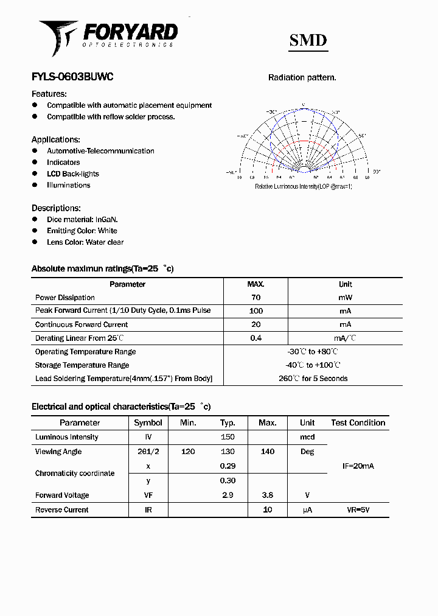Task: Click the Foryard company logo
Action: [x=108, y=37]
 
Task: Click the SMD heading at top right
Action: [x=308, y=41]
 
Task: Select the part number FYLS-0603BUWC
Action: [x=72, y=77]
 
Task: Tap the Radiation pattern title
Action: [x=302, y=78]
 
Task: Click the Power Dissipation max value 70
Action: [x=255, y=298]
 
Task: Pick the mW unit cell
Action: [x=345, y=298]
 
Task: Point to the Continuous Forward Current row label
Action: [x=82, y=324]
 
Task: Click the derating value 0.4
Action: [x=255, y=338]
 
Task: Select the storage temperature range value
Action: [x=313, y=365]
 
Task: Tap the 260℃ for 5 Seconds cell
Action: [x=313, y=379]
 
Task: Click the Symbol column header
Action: [x=148, y=422]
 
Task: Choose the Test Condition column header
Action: [x=358, y=422]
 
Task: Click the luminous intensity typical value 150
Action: [x=228, y=437]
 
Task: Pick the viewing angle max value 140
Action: [x=267, y=452]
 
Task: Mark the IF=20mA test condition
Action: [x=358, y=466]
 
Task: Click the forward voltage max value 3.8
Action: [x=267, y=495]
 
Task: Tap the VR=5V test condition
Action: [x=358, y=509]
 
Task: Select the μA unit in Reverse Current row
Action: [x=307, y=509]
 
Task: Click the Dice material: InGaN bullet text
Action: [x=82, y=219]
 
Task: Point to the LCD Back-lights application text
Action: [x=72, y=173]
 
